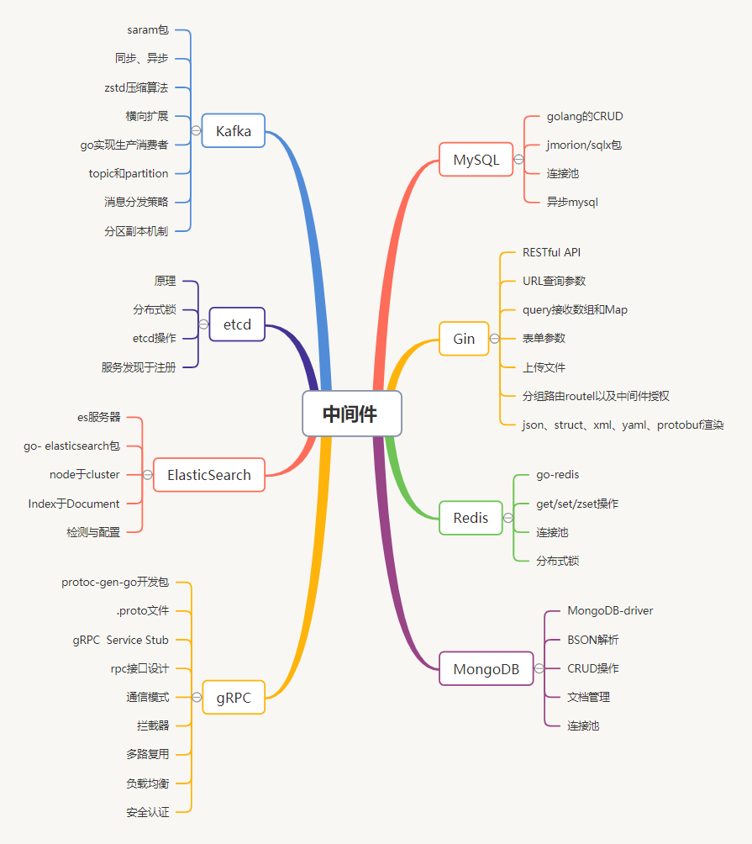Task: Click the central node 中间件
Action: pos(351,414)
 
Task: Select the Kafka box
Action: pos(233,130)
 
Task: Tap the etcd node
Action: pos(237,324)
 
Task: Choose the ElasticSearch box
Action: pos(208,475)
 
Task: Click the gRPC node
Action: pos(234,697)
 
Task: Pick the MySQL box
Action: pos(476,159)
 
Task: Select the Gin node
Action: pos(464,338)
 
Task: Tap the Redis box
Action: pos(471,517)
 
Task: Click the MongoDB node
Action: pos(486,668)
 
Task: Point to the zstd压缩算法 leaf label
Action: pos(135,87)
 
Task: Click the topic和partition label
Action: pos(129,173)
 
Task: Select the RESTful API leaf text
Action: pos(551,252)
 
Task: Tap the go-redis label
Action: pos(557,475)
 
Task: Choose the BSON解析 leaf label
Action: pos(592,640)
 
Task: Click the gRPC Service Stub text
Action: pos(120,640)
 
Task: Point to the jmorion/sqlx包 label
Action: pos(584,145)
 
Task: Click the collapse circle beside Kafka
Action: pos(196,130)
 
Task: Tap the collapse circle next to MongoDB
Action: pos(539,668)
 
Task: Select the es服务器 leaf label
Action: pos(98,416)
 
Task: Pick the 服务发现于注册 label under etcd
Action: pos(139,367)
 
